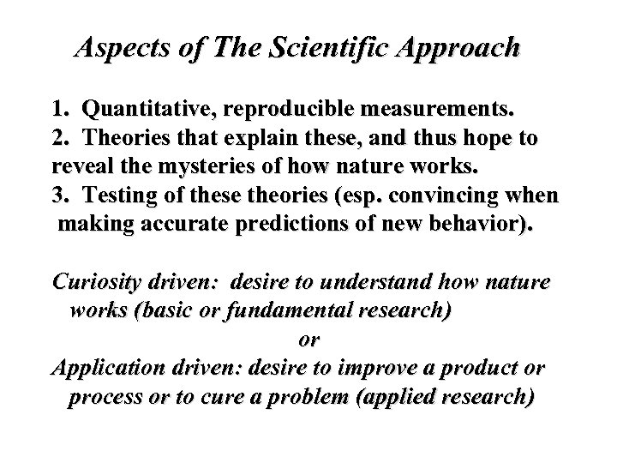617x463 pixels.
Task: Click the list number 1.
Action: point(58,110)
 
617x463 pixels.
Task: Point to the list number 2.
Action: point(58,139)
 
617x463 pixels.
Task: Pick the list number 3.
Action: point(58,195)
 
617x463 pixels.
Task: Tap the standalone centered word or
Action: point(308,340)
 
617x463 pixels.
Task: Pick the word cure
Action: point(287,398)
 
